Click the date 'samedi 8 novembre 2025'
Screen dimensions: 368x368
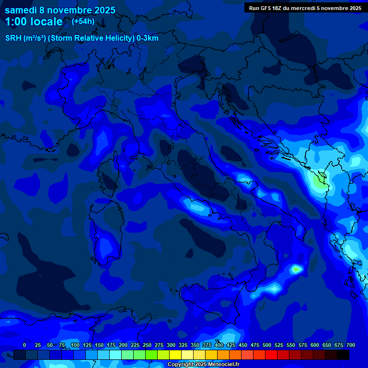click(60, 10)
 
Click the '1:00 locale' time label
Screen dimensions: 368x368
click(34, 22)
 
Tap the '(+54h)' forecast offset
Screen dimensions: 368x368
click(83, 21)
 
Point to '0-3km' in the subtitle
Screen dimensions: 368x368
click(148, 38)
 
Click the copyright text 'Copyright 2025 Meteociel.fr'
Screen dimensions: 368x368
click(203, 364)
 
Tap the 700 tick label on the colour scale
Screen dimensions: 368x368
click(351, 345)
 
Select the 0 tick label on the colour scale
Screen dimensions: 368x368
click(24, 345)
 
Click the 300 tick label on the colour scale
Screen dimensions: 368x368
click(171, 345)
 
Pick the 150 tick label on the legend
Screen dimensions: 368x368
click(99, 345)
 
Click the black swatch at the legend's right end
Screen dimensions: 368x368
click(343, 355)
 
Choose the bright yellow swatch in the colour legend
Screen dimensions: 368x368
click(175, 355)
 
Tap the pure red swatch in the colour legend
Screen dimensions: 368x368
click(271, 355)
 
